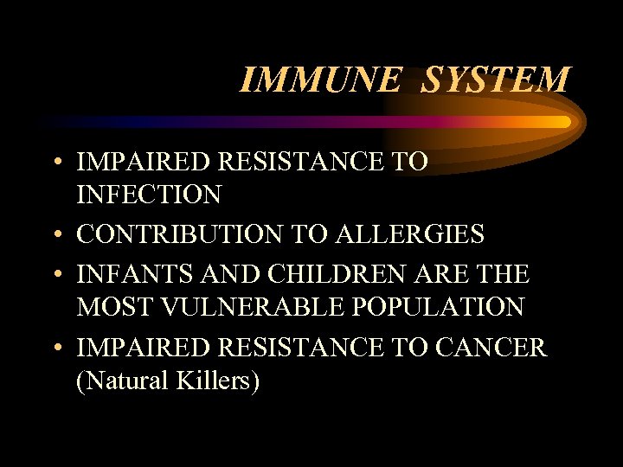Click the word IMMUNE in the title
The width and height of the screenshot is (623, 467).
[319, 80]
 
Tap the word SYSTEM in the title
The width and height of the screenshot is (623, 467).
[496, 80]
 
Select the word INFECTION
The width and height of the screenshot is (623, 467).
[149, 195]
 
